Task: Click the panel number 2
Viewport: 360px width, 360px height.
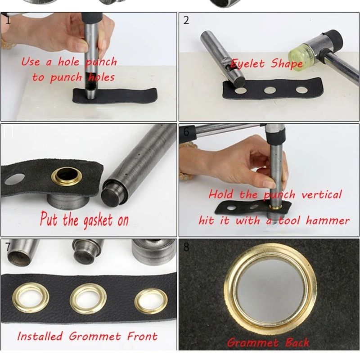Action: pos(186,20)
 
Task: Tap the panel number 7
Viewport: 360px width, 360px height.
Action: pos(8,247)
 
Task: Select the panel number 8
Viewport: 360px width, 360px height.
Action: pos(186,247)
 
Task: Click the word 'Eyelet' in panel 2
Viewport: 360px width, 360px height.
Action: pos(247,63)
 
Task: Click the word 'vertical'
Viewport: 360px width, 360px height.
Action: pos(321,195)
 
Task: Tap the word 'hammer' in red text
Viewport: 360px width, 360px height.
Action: pos(328,220)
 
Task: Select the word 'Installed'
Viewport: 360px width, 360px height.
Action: pos(40,336)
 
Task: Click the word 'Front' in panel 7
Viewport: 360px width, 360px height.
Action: pos(142,336)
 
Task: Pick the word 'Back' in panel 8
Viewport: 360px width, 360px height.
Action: pos(297,342)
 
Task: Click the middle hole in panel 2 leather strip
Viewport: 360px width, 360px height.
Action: pos(270,90)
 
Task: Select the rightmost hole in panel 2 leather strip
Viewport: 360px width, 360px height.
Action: pos(301,90)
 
